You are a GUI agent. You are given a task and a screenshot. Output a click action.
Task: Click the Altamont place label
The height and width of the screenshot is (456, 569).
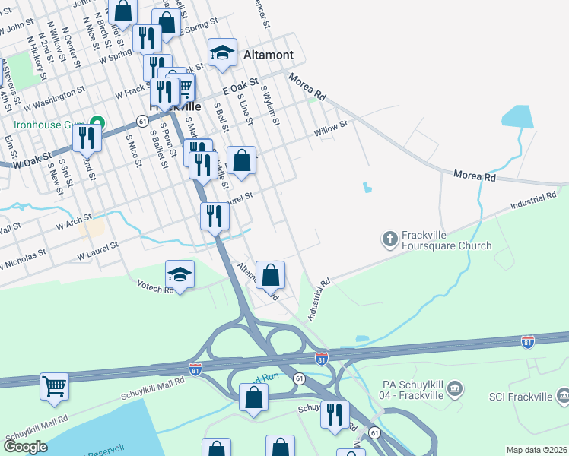[272, 55]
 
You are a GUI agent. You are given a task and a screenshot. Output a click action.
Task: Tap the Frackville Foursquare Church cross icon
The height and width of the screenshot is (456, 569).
[389, 240]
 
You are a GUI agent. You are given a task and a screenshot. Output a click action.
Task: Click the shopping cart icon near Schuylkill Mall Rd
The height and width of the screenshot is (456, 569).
[54, 386]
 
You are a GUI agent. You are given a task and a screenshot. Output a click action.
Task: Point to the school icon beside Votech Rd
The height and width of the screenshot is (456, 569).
[180, 274]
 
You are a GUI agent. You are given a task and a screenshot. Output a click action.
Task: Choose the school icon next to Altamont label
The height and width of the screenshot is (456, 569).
[222, 52]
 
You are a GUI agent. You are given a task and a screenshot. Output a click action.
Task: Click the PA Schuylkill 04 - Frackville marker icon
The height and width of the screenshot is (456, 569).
[455, 391]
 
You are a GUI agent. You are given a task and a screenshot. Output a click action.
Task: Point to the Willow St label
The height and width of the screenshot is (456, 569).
[331, 127]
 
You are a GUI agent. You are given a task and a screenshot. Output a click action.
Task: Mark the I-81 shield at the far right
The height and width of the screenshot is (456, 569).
[528, 341]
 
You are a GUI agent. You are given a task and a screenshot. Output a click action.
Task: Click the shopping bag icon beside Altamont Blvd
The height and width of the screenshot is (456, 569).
[270, 274]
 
